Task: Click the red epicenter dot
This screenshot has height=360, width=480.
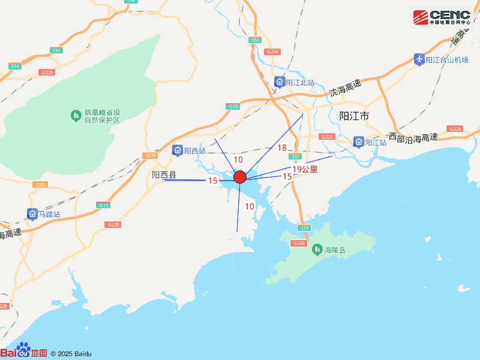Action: pos(240,177)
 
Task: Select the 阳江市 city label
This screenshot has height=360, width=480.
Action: pos(355,116)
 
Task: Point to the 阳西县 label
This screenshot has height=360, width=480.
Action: pos(164,175)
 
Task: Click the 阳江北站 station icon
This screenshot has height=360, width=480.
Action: pos(280,82)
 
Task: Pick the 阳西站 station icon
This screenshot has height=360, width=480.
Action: pos(178,150)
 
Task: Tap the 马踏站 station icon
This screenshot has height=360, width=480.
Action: pos(32,214)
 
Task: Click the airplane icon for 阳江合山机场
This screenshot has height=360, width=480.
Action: pos(419,59)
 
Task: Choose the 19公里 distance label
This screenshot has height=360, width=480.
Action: pos(305,170)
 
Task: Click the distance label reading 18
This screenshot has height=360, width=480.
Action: pos(282,148)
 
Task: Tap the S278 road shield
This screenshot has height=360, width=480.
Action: pos(150,156)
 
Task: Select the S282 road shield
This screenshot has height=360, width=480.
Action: pos(40,184)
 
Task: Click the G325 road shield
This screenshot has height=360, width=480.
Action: pos(47,72)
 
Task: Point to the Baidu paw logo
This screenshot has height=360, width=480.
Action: pos(23,350)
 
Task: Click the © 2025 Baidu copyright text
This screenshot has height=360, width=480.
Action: pos(71,353)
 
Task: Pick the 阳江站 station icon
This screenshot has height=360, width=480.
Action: pos(358,142)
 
